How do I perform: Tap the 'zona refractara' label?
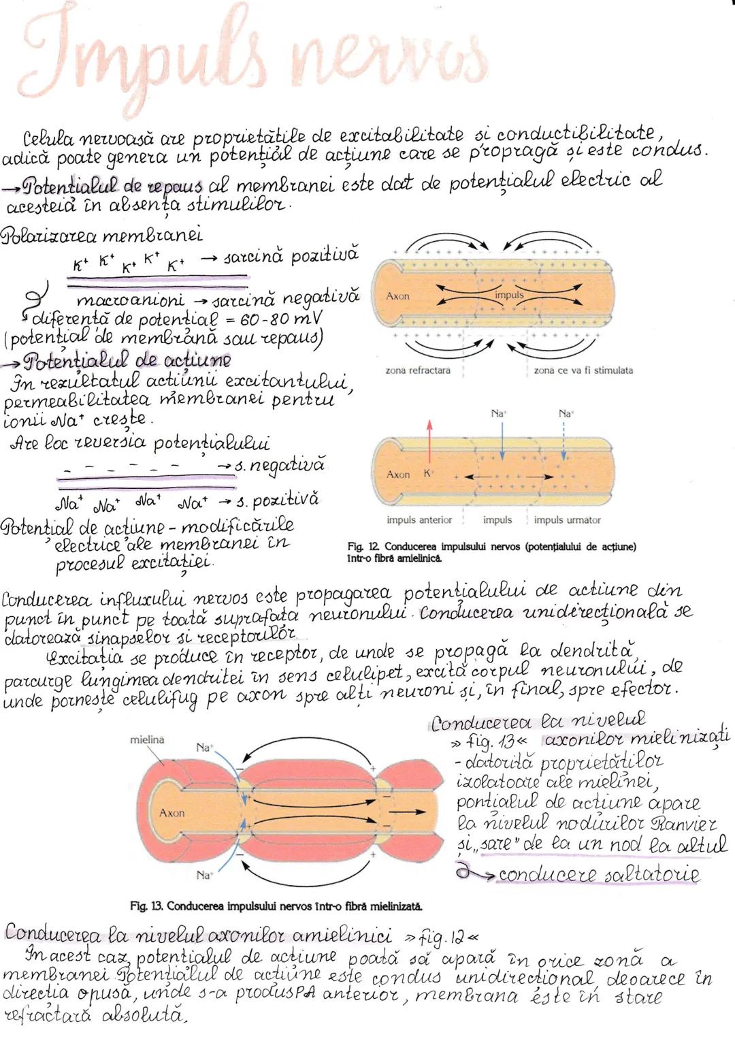pos(419,370)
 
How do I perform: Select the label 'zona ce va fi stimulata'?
pos(583,370)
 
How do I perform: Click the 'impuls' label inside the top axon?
pos(509,295)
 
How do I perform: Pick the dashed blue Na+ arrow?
pos(565,443)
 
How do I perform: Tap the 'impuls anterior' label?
pos(419,520)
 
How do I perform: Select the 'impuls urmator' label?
pos(567,520)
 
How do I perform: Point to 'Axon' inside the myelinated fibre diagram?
pos(171,812)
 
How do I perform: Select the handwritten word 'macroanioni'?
pos(129,300)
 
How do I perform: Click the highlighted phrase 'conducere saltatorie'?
pos(598,874)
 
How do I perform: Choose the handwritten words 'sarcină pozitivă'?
pos(291,257)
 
